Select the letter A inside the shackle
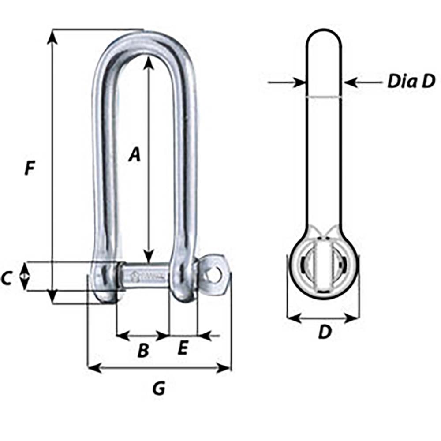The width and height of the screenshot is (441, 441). [x=135, y=154]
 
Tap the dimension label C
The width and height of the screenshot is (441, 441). [x=6, y=278]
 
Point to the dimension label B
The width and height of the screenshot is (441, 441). [x=143, y=351]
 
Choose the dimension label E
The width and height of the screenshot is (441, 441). [x=183, y=348]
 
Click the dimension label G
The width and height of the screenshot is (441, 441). [x=158, y=388]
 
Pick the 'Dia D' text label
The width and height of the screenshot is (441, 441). [x=411, y=82]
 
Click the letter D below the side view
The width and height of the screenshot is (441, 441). [x=324, y=333]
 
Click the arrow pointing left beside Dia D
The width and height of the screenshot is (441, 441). [x=350, y=82]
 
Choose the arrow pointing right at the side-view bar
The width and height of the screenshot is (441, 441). [x=299, y=82]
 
